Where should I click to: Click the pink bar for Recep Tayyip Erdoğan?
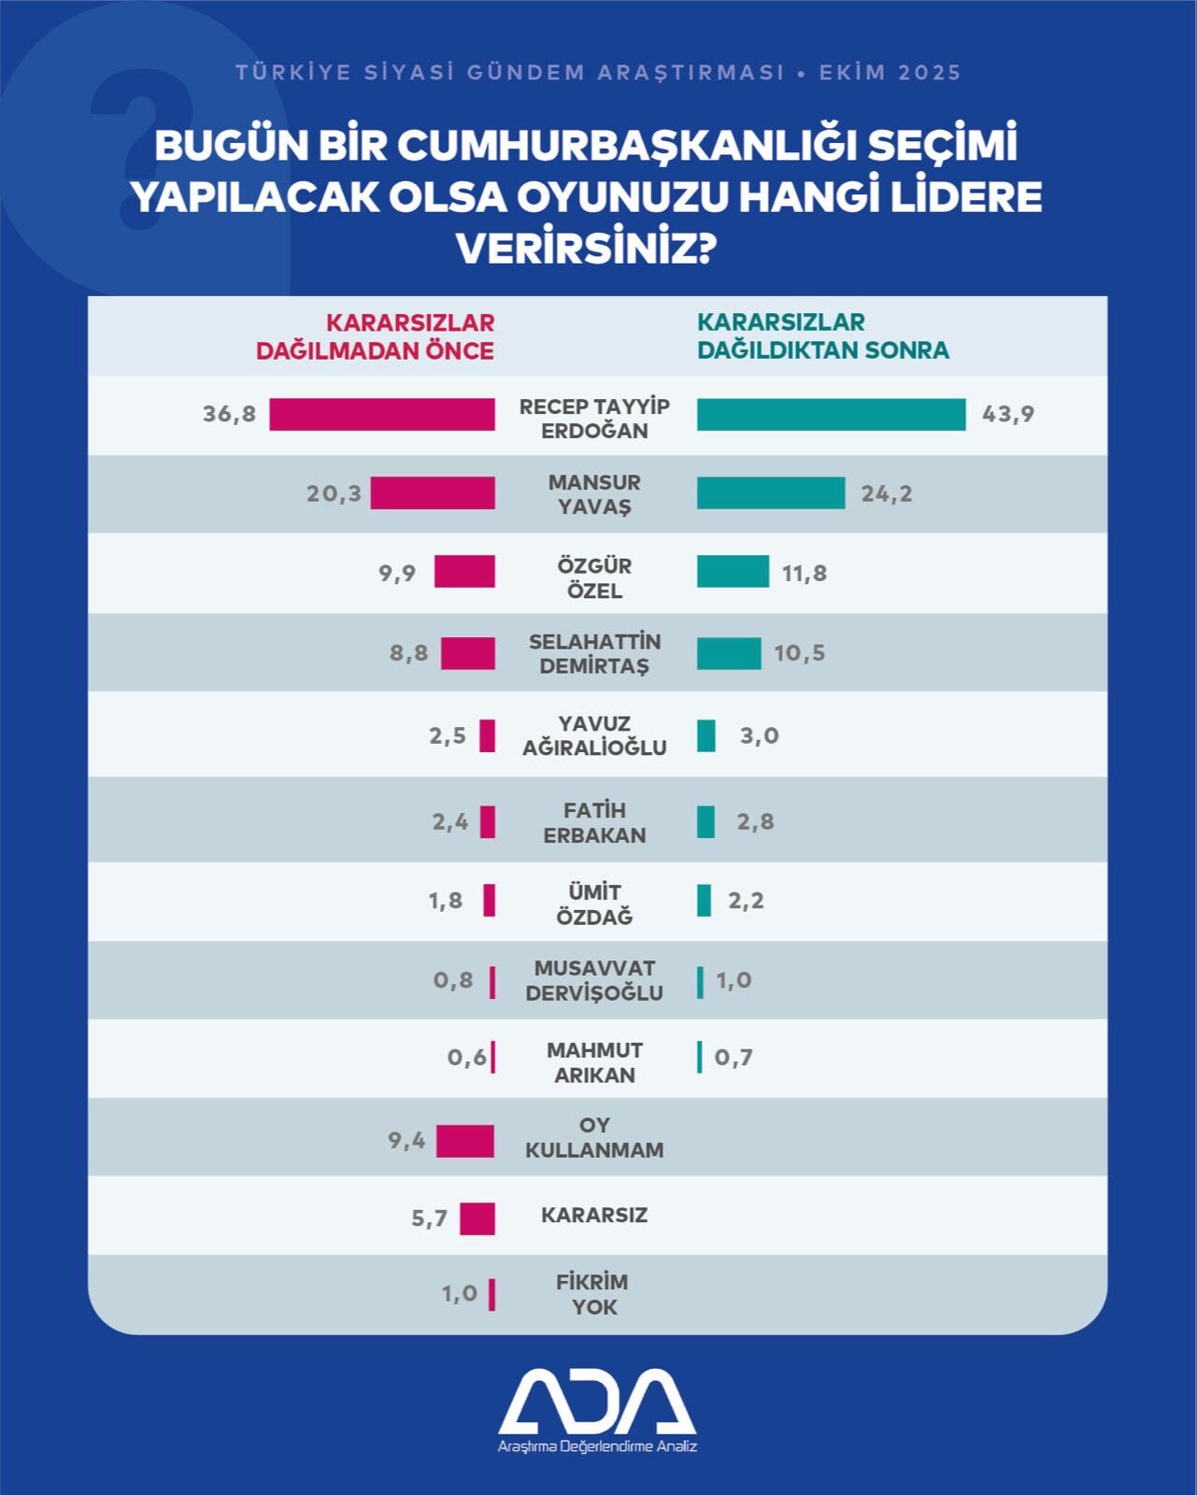click(382, 414)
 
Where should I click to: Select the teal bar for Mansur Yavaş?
click(771, 492)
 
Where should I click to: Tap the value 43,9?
click(1008, 414)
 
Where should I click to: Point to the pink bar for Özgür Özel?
click(464, 572)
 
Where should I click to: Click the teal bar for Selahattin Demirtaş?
click(729, 653)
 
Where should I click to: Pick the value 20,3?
click(334, 493)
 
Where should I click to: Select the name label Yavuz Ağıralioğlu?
click(594, 735)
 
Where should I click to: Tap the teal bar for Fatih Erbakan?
click(705, 821)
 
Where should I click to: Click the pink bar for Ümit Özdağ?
click(489, 900)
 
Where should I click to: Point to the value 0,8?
click(453, 980)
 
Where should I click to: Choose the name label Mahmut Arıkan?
click(594, 1062)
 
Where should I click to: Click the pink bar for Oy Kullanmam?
click(465, 1141)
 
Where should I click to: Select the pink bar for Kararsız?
click(477, 1218)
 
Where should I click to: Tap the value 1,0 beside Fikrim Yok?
click(460, 1294)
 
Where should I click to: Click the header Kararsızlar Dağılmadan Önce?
click(376, 336)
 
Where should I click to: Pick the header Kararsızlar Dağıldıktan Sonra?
click(822, 336)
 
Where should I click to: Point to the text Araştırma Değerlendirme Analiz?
click(597, 1446)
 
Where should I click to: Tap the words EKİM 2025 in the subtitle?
click(890, 73)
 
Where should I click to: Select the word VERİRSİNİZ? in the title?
click(586, 249)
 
